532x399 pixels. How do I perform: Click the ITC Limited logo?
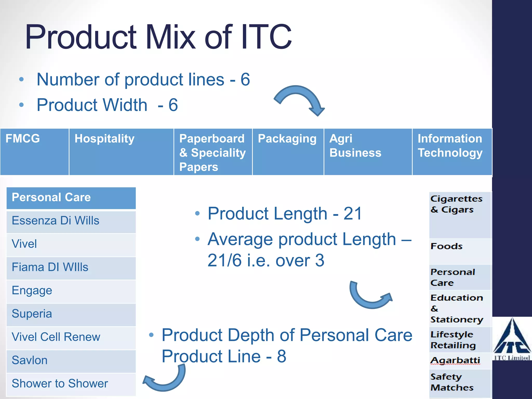512,339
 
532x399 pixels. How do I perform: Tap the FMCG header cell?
34,152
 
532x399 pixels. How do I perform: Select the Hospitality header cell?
121,152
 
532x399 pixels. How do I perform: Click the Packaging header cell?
288,152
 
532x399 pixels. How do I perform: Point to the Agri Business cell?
368,152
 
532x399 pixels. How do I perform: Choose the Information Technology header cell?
452,152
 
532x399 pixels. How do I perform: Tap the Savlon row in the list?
71,361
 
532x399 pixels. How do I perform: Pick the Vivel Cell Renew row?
71,337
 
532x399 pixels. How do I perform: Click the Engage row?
71,291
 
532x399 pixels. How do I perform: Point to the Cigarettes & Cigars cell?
460,215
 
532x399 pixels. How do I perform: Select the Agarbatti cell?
460,361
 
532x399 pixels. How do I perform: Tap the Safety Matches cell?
460,382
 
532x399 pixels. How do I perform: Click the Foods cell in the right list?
460,251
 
